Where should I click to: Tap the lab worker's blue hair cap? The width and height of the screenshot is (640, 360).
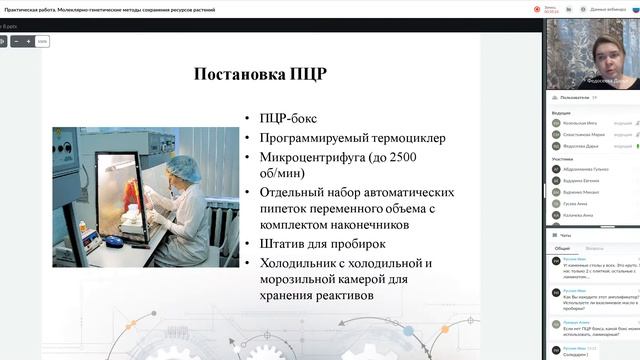[181, 164]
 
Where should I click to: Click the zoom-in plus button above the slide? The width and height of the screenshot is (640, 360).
[29, 41]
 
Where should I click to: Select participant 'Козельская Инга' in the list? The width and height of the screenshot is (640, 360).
[582, 123]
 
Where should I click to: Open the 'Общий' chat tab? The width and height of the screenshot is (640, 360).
[562, 248]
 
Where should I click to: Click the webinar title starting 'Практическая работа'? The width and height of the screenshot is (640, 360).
[110, 7]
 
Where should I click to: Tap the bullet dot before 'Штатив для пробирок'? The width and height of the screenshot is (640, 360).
[247, 244]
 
